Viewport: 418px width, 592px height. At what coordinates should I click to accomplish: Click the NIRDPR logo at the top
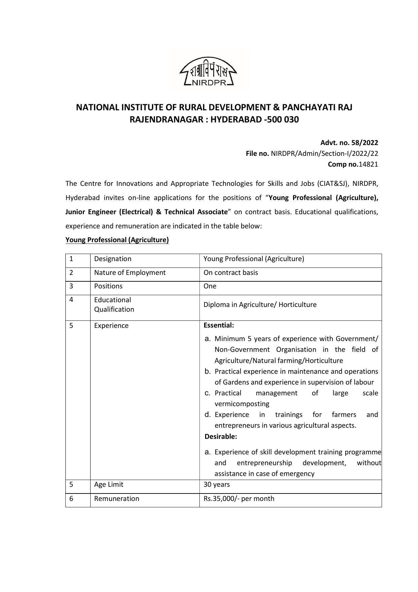point(208,71)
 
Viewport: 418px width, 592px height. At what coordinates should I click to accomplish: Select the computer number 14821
point(368,164)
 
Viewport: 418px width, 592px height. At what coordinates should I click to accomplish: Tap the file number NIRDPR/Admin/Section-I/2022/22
point(324,153)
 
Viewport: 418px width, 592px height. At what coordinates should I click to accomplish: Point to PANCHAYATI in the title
point(308,107)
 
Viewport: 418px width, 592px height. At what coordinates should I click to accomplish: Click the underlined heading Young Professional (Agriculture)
point(117,240)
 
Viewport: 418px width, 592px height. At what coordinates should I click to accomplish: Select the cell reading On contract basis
point(231,273)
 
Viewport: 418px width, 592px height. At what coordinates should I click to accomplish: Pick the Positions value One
point(210,286)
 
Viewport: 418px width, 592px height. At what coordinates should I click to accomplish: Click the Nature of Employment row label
point(130,273)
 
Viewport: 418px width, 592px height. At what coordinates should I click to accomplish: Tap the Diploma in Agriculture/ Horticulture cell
point(260,305)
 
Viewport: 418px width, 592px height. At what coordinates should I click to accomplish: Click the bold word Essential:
point(219,326)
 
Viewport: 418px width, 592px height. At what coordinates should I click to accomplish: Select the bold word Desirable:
point(221,436)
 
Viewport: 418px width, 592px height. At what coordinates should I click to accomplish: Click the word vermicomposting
point(242,404)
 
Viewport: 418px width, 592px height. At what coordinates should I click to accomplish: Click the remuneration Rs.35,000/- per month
point(239,499)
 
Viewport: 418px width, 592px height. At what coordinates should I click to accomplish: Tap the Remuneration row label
point(117,499)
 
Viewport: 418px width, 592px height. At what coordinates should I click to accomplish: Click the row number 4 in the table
point(71,300)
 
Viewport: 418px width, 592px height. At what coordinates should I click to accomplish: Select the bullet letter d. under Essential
point(208,415)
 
